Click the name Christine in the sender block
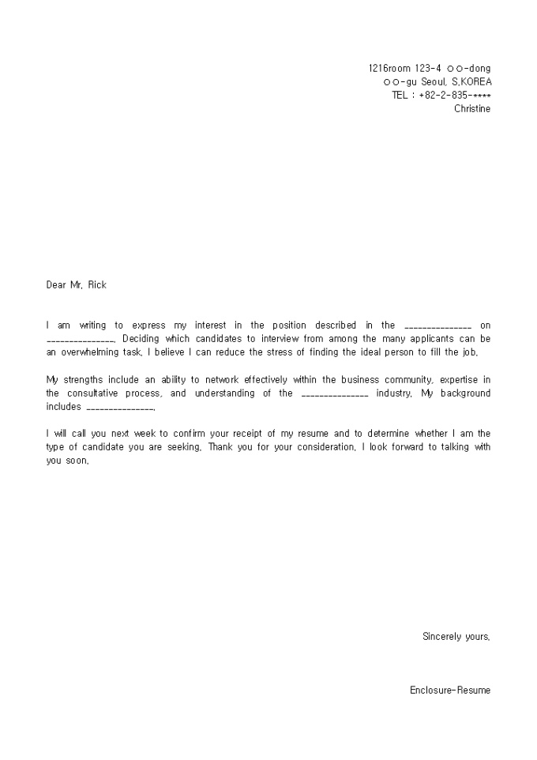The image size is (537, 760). point(472,109)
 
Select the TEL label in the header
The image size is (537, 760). point(400,96)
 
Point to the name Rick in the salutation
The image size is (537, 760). point(96,285)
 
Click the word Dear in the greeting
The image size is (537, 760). point(57,285)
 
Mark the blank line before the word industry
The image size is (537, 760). point(335,394)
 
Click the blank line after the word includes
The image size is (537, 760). point(118,408)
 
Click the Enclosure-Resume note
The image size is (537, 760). point(449,690)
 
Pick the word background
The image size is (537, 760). point(462,393)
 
